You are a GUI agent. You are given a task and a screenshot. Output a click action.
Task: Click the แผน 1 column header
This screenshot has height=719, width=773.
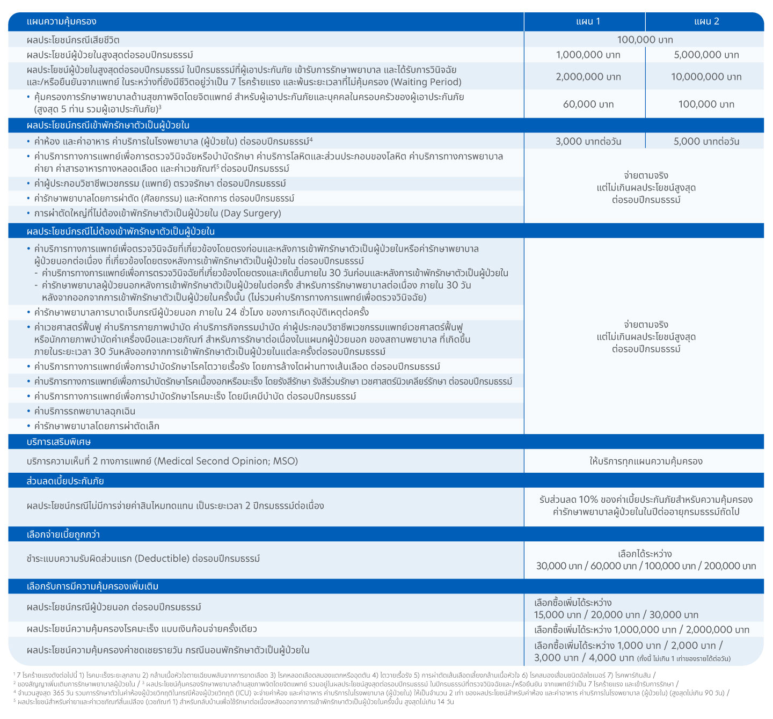coord(588,21)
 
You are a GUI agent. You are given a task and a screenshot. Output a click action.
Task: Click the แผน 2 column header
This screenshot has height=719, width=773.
coord(706,21)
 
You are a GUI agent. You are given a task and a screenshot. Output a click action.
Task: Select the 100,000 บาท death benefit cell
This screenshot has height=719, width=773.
coord(644,40)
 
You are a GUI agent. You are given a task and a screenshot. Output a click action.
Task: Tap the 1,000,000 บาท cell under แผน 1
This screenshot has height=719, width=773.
coord(588,55)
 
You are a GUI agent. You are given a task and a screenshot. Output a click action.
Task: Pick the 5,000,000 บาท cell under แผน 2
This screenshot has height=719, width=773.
coord(706,55)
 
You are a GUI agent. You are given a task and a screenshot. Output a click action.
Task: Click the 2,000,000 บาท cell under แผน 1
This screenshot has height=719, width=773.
coord(588,77)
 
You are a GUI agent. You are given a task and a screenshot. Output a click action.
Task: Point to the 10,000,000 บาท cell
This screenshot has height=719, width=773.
coord(706,77)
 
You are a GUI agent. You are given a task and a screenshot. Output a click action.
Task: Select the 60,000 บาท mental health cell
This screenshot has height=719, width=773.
coord(588,104)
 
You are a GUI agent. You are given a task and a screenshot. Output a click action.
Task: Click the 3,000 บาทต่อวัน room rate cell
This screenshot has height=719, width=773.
coord(588,142)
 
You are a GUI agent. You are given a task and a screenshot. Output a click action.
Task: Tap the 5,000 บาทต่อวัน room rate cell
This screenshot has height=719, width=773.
coord(706,142)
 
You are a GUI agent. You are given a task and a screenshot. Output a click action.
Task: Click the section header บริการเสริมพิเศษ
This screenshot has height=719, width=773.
coord(59,442)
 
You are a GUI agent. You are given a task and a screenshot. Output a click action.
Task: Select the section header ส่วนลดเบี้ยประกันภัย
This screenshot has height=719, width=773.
coord(65,481)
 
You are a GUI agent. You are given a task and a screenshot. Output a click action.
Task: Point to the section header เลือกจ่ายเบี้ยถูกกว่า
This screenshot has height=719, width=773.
coord(63,534)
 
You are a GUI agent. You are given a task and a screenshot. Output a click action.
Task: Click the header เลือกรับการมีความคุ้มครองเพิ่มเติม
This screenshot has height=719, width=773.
coord(92,586)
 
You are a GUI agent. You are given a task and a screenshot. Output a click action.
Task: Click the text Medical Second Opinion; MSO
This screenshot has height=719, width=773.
coord(225,461)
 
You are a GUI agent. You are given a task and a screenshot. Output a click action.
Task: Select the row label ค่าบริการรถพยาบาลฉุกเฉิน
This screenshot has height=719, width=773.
coord(84,411)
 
